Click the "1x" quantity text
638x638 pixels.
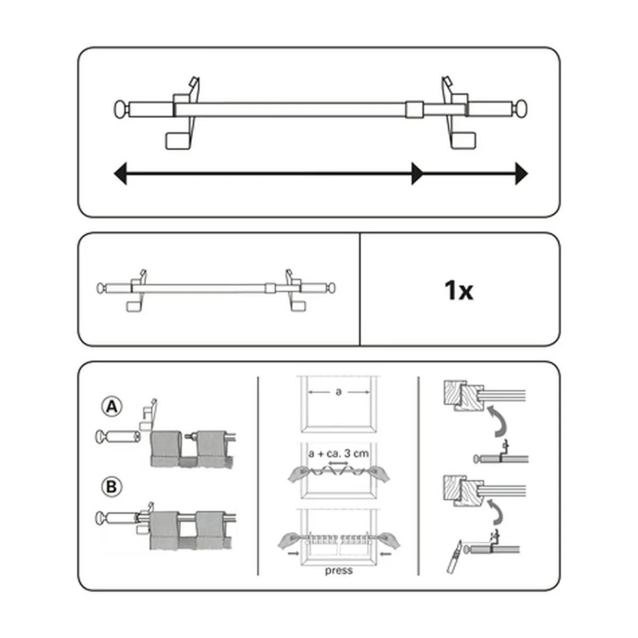click(458, 290)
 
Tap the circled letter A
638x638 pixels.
click(112, 407)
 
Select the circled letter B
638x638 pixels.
click(112, 486)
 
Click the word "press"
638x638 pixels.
click(339, 570)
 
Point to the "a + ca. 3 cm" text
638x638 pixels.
click(338, 454)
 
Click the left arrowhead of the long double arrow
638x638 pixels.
click(120, 173)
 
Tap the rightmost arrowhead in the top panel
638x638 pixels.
click(522, 173)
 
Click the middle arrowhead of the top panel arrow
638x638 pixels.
click(417, 173)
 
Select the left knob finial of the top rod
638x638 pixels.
click(121, 110)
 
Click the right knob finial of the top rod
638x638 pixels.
click(520, 109)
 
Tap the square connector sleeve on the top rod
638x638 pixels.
click(415, 110)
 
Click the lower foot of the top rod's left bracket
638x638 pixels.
click(178, 141)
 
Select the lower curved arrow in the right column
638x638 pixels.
click(496, 513)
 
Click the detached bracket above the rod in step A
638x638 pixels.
click(148, 415)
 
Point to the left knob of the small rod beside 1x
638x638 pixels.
click(101, 288)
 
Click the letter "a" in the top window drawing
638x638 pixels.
click(338, 392)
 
